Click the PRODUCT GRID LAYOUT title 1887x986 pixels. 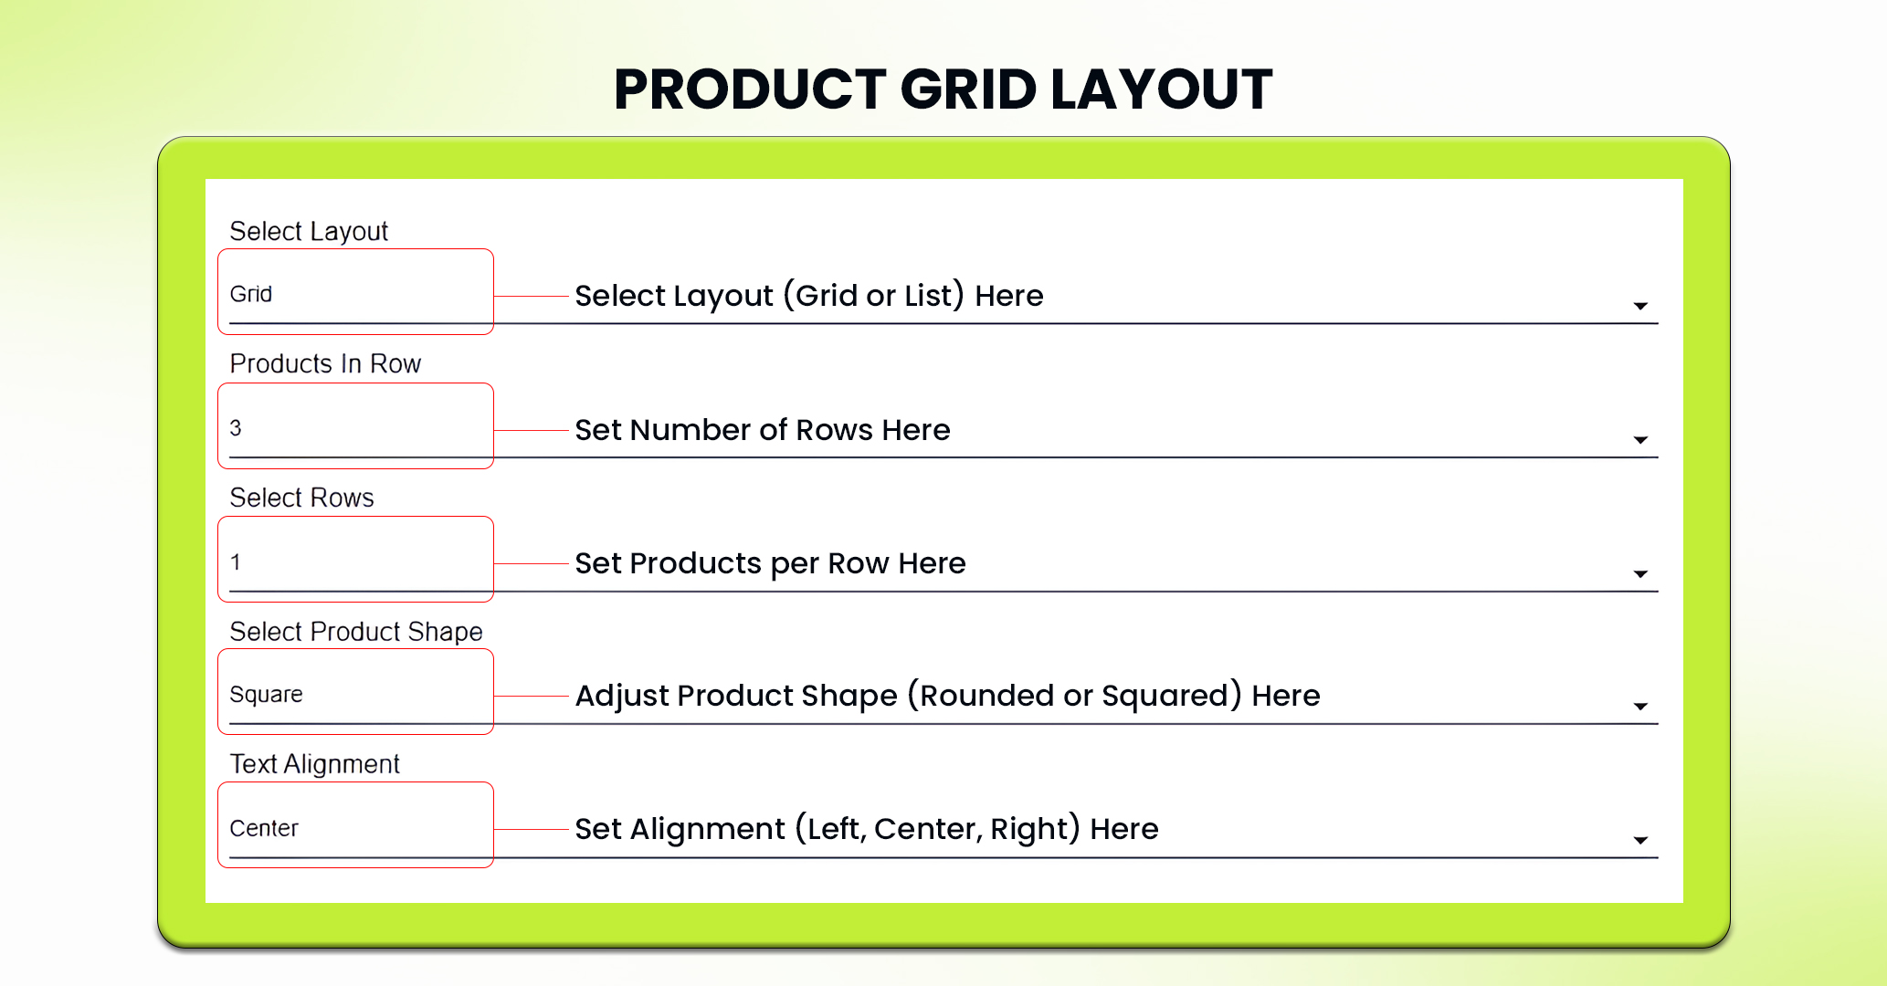point(943,89)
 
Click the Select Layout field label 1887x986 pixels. point(309,232)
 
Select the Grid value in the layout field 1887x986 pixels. point(251,294)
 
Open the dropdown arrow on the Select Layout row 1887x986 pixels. point(1640,306)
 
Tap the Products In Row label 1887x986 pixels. point(325,363)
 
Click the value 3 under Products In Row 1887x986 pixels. point(236,427)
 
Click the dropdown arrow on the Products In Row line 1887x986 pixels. point(1640,440)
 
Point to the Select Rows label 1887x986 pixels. point(301,498)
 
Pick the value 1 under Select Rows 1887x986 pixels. point(236,561)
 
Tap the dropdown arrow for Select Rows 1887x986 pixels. point(1640,574)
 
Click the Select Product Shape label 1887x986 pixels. point(356,632)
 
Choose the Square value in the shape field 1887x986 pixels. point(266,695)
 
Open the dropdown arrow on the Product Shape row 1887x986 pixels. point(1640,707)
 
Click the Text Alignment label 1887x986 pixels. point(314,764)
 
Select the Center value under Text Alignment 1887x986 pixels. point(264,828)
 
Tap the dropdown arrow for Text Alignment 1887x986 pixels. point(1640,840)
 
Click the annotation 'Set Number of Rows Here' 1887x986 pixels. point(763,430)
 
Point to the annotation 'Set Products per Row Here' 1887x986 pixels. point(770,563)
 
